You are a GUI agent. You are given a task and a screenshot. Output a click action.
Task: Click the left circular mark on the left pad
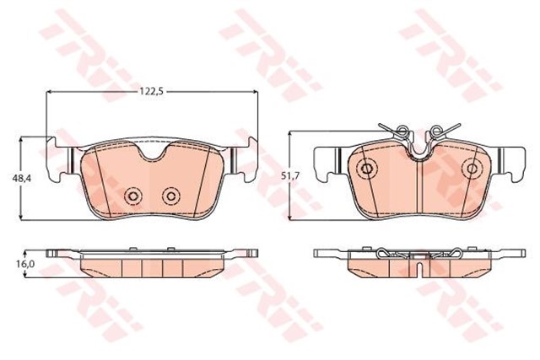132,196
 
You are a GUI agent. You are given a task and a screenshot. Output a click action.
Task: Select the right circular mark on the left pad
170,196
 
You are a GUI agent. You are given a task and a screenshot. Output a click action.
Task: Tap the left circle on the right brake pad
367,169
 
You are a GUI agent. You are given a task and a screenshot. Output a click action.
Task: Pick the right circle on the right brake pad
468,169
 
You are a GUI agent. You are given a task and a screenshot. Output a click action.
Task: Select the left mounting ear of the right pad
325,162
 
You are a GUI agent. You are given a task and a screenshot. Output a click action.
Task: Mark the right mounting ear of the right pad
512,162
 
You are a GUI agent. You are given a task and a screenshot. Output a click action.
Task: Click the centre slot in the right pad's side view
418,267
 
